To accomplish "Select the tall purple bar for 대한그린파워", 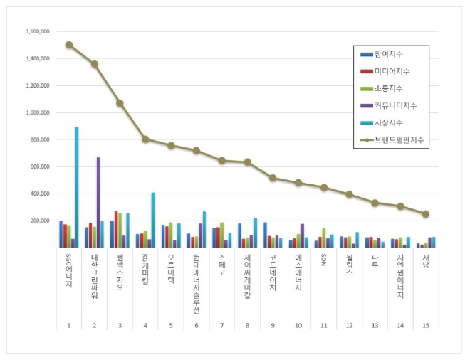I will [x=98, y=203].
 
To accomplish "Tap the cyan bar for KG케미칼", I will [x=152, y=221].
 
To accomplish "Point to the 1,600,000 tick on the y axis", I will [x=36, y=32].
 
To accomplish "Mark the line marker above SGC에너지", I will [x=69, y=44].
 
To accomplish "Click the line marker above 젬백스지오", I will [x=120, y=102].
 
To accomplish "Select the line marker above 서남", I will [x=425, y=213].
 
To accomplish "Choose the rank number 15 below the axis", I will [x=425, y=324].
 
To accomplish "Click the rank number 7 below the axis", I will [x=221, y=324].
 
